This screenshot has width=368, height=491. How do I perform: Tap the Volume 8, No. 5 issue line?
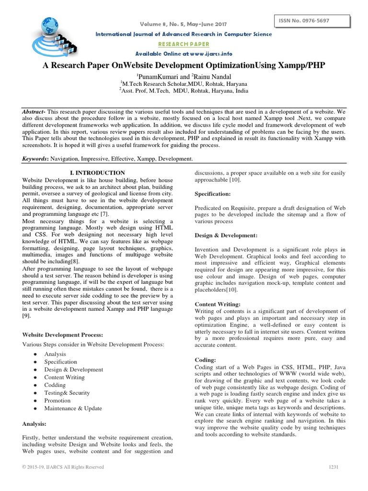pyautogui.click(x=184, y=24)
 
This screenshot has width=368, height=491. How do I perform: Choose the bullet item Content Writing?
pyautogui.click(x=64, y=377)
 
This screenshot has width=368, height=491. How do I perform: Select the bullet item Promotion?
pyautogui.click(x=57, y=400)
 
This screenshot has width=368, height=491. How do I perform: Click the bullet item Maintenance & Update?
pyautogui.click(x=73, y=408)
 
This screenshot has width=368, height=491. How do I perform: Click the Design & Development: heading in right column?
pyautogui.click(x=226, y=235)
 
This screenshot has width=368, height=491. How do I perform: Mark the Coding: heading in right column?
pyautogui.click(x=206, y=360)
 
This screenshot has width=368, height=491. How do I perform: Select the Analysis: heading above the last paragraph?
pyautogui.click(x=35, y=424)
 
